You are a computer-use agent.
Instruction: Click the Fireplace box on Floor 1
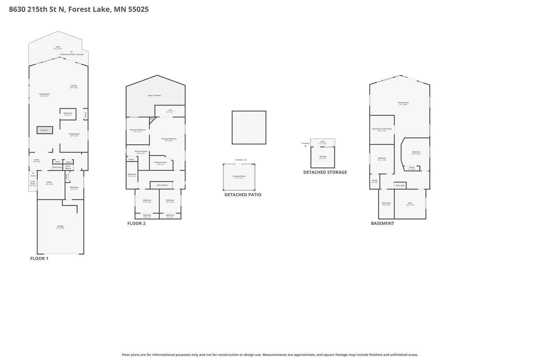click(45, 130)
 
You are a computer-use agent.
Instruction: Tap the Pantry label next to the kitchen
click(86, 114)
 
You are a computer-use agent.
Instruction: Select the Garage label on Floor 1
click(60, 226)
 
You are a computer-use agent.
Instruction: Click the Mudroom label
click(74, 187)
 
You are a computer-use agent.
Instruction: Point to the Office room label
click(49, 183)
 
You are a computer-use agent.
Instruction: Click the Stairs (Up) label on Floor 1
click(57, 167)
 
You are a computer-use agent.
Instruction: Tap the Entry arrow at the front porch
click(33, 173)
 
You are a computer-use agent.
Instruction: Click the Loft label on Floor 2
click(170, 110)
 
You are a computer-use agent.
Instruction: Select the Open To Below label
click(154, 95)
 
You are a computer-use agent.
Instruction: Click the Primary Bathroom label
click(138, 130)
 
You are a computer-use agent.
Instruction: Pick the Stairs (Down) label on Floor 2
click(162, 185)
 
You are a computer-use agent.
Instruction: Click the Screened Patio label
click(239, 176)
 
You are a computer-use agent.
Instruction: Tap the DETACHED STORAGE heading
click(325, 172)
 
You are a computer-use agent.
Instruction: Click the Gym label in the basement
click(410, 203)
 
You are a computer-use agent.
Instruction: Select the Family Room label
click(403, 103)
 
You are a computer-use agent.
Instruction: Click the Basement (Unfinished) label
click(382, 129)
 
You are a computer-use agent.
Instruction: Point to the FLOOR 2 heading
click(136, 223)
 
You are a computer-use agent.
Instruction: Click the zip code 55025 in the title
click(138, 9)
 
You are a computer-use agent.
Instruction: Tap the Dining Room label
click(74, 134)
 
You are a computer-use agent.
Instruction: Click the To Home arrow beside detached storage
click(306, 146)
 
